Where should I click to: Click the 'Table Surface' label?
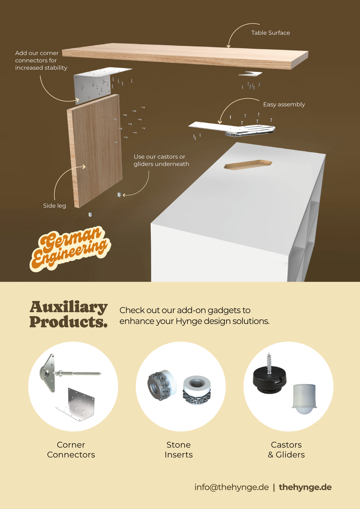pyautogui.click(x=270, y=33)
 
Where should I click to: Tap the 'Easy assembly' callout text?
pyautogui.click(x=284, y=105)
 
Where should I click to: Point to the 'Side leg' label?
pyautogui.click(x=54, y=205)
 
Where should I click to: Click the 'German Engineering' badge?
pyautogui.click(x=70, y=249)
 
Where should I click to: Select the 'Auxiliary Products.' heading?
pyautogui.click(x=69, y=314)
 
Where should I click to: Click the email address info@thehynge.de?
pyautogui.click(x=232, y=487)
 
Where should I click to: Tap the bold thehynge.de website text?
pyautogui.click(x=305, y=487)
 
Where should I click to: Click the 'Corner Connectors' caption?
pyautogui.click(x=71, y=450)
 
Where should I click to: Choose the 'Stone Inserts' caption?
pyautogui.click(x=179, y=450)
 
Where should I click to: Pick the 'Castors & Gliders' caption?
pyautogui.click(x=286, y=450)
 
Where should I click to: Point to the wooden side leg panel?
pyautogui.click(x=95, y=151)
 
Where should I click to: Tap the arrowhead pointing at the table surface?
pyautogui.click(x=228, y=46)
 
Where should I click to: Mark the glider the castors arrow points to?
pyautogui.click(x=119, y=195)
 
